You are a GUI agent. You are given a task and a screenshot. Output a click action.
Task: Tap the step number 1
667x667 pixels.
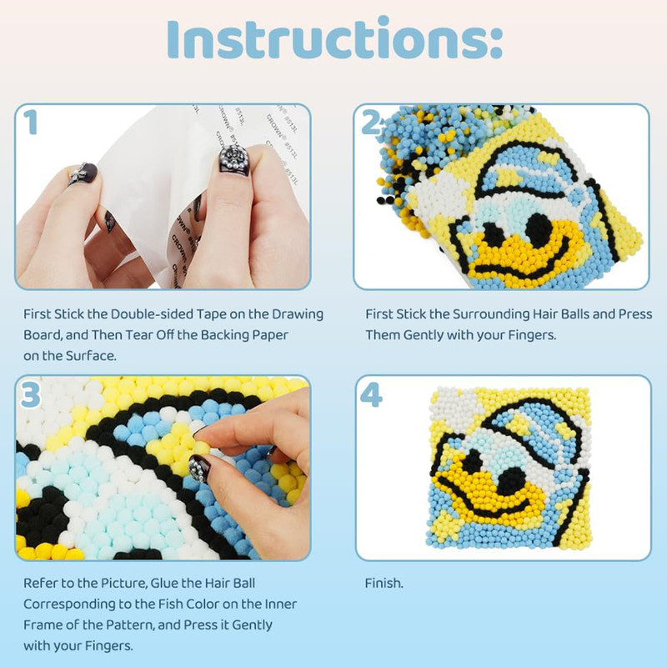pyautogui.click(x=30, y=122)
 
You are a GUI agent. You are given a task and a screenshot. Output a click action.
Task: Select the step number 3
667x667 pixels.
pyautogui.click(x=30, y=395)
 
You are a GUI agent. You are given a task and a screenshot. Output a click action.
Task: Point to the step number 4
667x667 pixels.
pyautogui.click(x=371, y=395)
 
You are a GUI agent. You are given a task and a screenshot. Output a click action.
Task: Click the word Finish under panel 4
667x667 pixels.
pyautogui.click(x=384, y=583)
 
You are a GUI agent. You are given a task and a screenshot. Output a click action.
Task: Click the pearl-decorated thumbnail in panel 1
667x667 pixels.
pyautogui.click(x=233, y=158)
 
